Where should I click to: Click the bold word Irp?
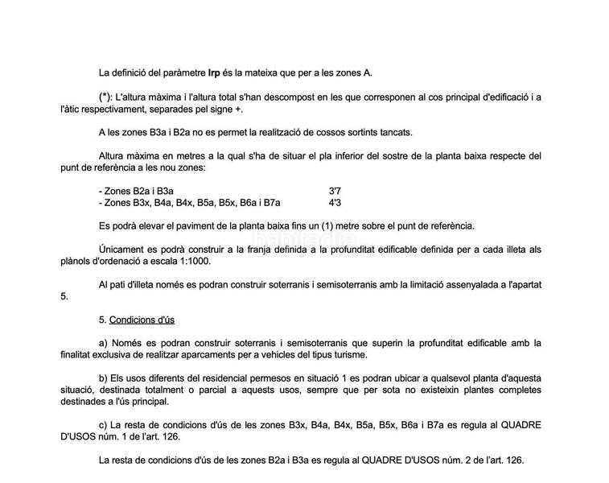point(214,73)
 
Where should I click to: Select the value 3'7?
point(335,191)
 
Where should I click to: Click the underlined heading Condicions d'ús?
point(142,320)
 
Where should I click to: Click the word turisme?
point(349,354)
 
